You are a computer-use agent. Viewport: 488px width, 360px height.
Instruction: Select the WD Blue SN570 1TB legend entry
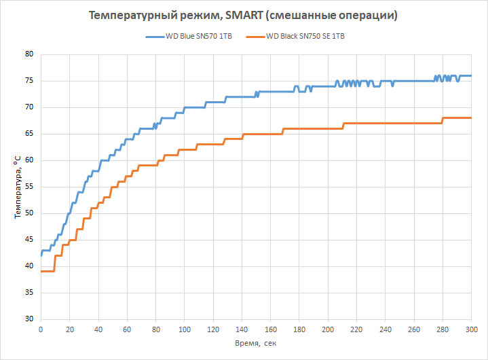pyautogui.click(x=198, y=37)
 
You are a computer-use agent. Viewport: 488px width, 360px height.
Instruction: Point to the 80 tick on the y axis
pyautogui.click(x=29, y=54)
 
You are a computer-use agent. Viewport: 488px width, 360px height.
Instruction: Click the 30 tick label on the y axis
pyautogui.click(x=29, y=319)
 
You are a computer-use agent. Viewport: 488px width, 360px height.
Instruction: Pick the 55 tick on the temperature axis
pyautogui.click(x=29, y=187)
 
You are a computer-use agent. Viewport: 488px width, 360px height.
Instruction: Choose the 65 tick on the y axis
pyautogui.click(x=29, y=134)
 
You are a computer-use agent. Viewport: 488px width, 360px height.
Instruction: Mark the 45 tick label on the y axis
pyautogui.click(x=29, y=240)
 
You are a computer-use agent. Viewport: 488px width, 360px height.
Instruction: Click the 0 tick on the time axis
pyautogui.click(x=41, y=329)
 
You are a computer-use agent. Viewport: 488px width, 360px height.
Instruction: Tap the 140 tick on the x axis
pyautogui.click(x=242, y=329)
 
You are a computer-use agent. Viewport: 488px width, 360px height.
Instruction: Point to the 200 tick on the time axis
pyautogui.click(x=328, y=329)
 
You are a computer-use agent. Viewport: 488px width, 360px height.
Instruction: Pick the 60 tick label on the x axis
pyautogui.click(x=127, y=329)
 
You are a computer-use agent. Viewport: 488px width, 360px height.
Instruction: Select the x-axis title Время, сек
pyautogui.click(x=256, y=344)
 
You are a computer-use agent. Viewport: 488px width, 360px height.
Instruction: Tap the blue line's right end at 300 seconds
pyautogui.click(x=470, y=75)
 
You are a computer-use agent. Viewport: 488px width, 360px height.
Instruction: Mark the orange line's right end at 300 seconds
pyautogui.click(x=470, y=118)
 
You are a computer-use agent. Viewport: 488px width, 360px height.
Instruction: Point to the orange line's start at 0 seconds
pyautogui.click(x=41, y=271)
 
